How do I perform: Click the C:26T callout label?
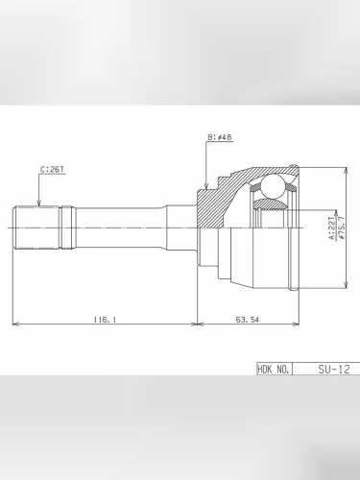[52, 169]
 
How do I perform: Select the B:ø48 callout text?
[220, 137]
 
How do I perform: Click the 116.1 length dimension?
[105, 319]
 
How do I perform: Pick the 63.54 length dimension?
[247, 319]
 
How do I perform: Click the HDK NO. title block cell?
[274, 369]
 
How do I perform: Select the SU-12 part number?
[334, 369]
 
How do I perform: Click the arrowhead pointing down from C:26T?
[38, 203]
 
